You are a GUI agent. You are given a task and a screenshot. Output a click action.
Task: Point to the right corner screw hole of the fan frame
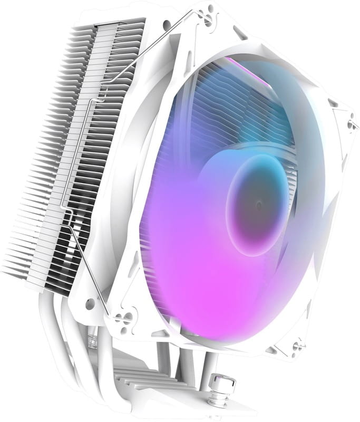pyautogui.click(x=349, y=124)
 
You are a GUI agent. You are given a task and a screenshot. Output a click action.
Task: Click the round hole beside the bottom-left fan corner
pyautogui.click(x=90, y=304)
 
